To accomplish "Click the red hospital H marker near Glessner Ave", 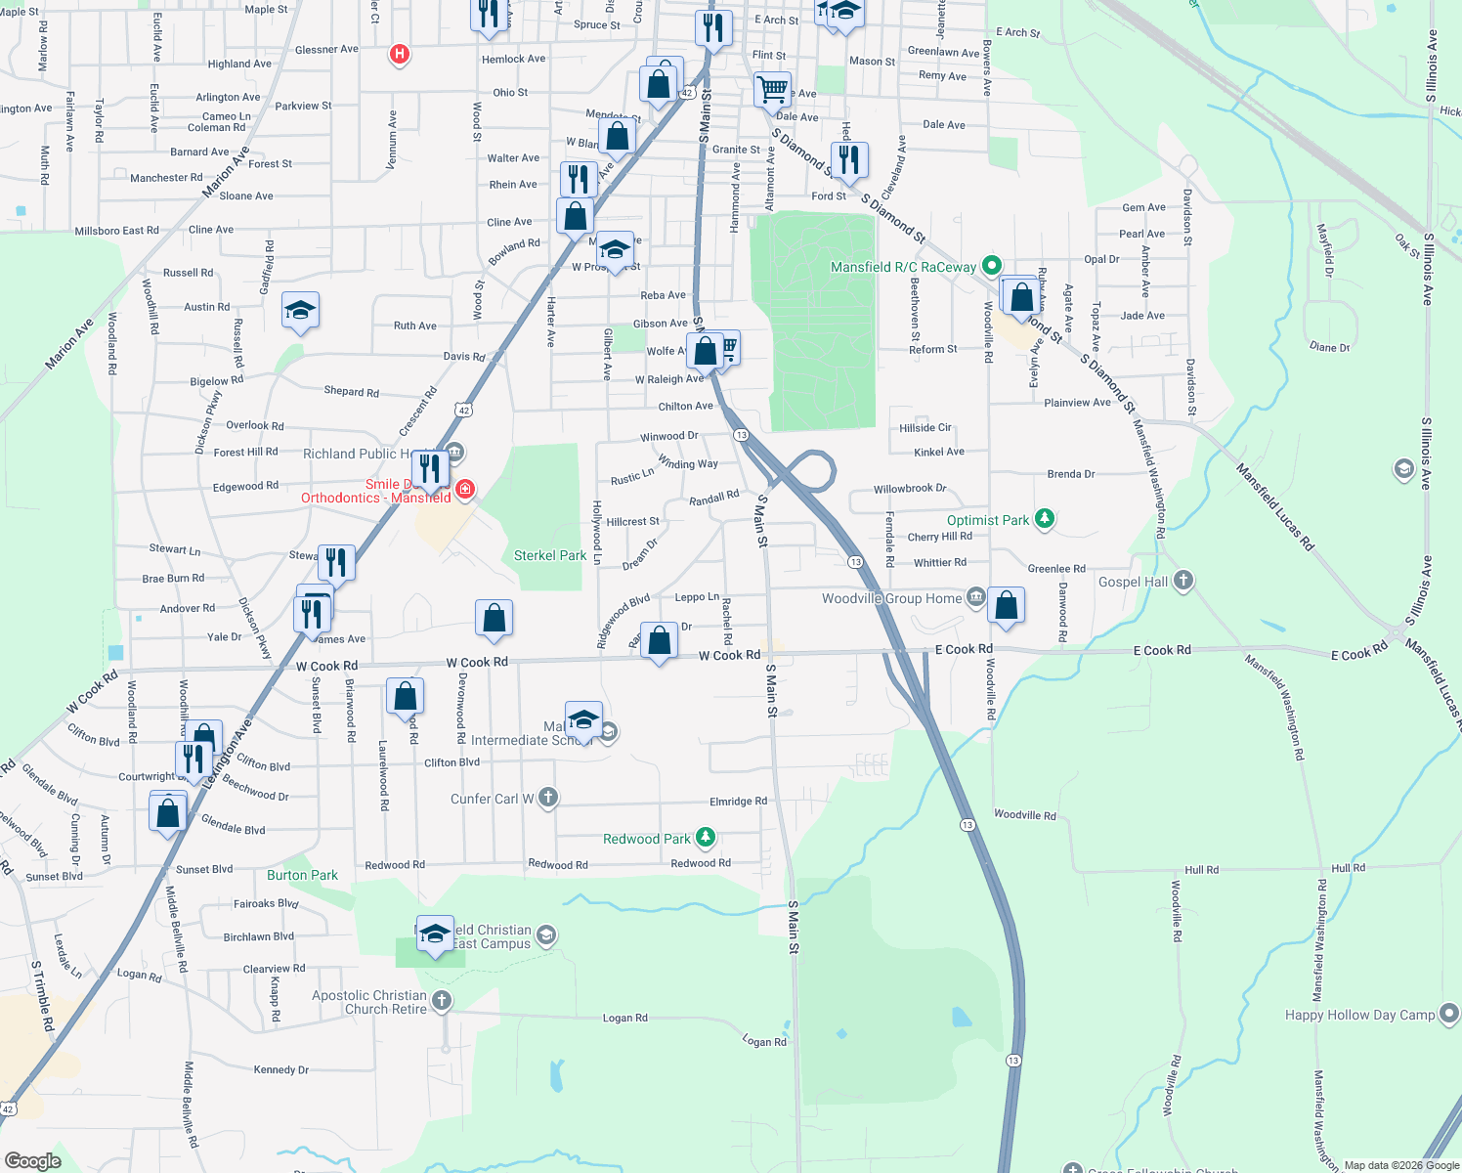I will point(399,54).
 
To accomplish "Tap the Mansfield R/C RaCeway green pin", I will point(991,265).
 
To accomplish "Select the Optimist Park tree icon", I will point(1045,518).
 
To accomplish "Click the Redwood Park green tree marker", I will point(706,838).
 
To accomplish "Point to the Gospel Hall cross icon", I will point(1183,581).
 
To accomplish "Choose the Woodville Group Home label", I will point(891,598).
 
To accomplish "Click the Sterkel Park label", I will point(550,555).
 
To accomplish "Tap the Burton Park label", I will point(302,875).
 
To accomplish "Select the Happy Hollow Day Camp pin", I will point(1448,1014).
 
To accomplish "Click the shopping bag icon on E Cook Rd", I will point(1006,606).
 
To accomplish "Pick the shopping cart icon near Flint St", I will point(772,90).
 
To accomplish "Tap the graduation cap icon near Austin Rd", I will point(299,312).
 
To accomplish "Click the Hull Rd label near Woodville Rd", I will point(1201,869).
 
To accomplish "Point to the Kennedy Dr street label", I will point(280,1069).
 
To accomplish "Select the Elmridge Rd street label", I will point(738,801).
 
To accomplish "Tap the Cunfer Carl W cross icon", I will point(548,798).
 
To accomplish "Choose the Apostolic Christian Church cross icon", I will point(442,1000).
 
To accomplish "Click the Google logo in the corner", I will point(33,1160).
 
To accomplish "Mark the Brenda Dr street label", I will point(1070,473).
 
